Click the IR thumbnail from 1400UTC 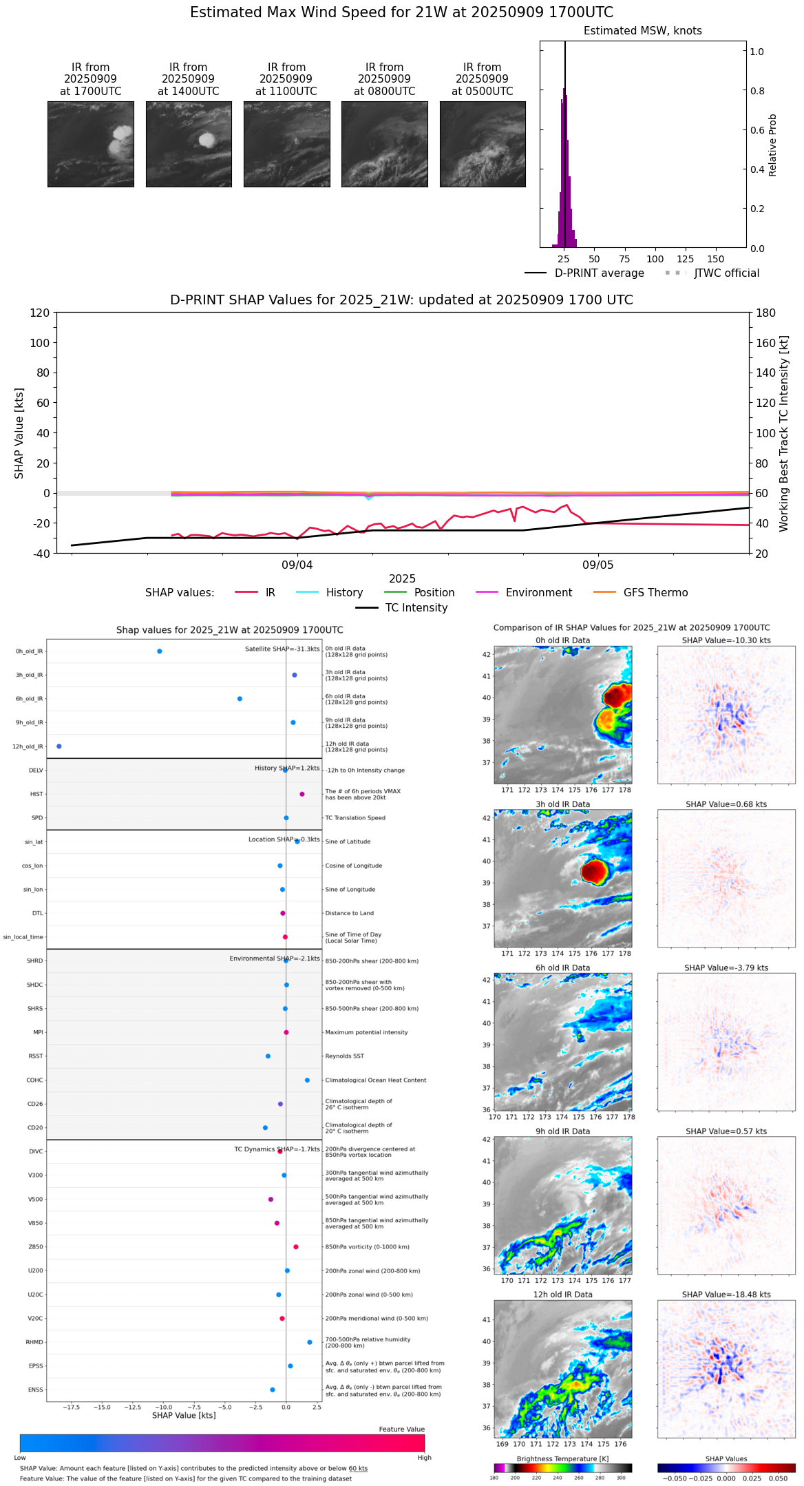click(x=189, y=144)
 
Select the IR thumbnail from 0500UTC click(x=483, y=144)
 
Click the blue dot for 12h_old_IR click(x=59, y=746)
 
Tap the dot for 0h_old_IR click(x=160, y=651)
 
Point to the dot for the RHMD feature click(x=310, y=1341)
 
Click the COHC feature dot click(x=307, y=1080)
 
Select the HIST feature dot click(x=302, y=794)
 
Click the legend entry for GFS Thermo click(x=655, y=592)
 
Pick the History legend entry click(x=344, y=592)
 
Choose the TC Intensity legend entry click(x=416, y=607)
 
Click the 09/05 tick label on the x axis click(x=597, y=565)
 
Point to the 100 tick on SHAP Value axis click(x=40, y=343)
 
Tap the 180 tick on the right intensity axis click(x=766, y=313)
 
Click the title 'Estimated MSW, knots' click(x=642, y=31)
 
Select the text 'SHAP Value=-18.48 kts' click(x=726, y=1295)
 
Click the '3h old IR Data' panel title click(x=562, y=804)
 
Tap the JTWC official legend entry click(x=726, y=273)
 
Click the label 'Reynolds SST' click(x=344, y=1056)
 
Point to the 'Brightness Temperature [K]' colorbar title click(x=562, y=1458)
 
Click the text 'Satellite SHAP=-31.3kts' click(x=282, y=649)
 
